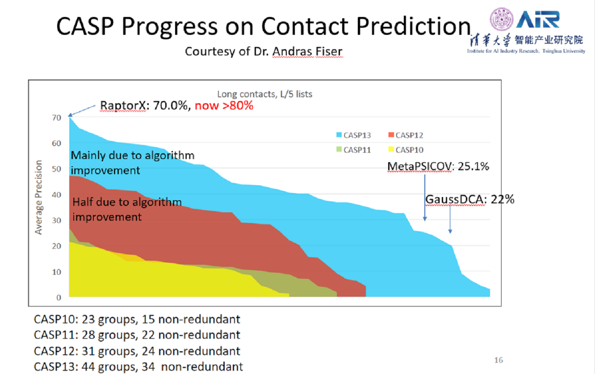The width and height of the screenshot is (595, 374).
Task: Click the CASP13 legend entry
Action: pyautogui.click(x=353, y=135)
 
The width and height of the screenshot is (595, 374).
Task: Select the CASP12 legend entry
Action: pyautogui.click(x=406, y=135)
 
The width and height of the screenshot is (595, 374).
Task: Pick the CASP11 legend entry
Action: pyautogui.click(x=353, y=150)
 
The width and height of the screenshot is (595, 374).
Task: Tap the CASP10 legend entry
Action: pyautogui.click(x=406, y=150)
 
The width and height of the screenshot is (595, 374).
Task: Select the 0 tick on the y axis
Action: pyautogui.click(x=59, y=298)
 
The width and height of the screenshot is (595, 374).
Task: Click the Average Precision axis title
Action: pyautogui.click(x=39, y=197)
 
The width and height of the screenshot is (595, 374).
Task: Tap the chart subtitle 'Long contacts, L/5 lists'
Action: pyautogui.click(x=265, y=94)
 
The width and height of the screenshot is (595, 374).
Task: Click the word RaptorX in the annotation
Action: pyautogui.click(x=122, y=106)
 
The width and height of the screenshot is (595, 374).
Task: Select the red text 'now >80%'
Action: pyautogui.click(x=224, y=106)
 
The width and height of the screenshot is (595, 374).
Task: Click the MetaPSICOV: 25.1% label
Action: pyautogui.click(x=438, y=167)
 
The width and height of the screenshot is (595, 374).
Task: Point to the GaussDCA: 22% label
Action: pyautogui.click(x=470, y=199)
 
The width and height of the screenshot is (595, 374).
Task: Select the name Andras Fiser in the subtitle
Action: pyautogui.click(x=307, y=51)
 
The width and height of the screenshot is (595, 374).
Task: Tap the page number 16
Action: pyautogui.click(x=499, y=360)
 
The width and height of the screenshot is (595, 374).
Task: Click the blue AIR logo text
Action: pyautogui.click(x=538, y=20)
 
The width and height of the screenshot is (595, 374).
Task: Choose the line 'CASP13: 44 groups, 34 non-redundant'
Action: pyautogui.click(x=138, y=367)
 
